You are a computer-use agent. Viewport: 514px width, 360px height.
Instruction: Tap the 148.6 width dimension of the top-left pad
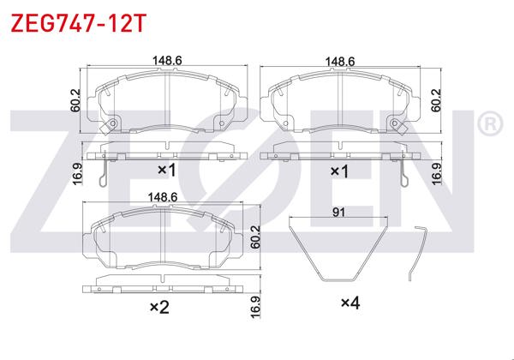point(167,62)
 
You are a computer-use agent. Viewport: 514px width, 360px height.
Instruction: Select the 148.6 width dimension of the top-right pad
point(340,62)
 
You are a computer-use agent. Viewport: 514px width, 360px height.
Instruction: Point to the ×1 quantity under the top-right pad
point(340,171)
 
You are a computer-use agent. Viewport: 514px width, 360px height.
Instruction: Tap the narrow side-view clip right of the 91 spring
point(417,253)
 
